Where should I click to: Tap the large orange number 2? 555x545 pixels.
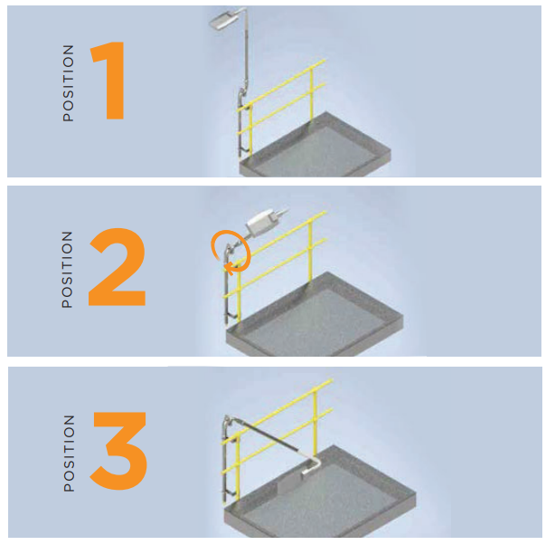pyautogui.click(x=117, y=267)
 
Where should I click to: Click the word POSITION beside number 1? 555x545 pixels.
pyautogui.click(x=68, y=83)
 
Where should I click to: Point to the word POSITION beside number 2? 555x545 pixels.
pyautogui.click(x=67, y=270)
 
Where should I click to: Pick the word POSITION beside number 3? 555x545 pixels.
pyautogui.click(x=69, y=454)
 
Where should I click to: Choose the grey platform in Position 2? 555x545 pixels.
pyautogui.click(x=315, y=316)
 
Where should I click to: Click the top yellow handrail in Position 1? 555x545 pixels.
pyautogui.click(x=280, y=85)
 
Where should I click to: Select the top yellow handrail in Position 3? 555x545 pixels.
pyautogui.click(x=277, y=412)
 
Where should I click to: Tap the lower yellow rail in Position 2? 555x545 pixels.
pyautogui.click(x=275, y=268)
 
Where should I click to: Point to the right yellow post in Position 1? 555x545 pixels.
pyautogui.click(x=312, y=95)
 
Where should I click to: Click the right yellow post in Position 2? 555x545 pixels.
pyautogui.click(x=311, y=251)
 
